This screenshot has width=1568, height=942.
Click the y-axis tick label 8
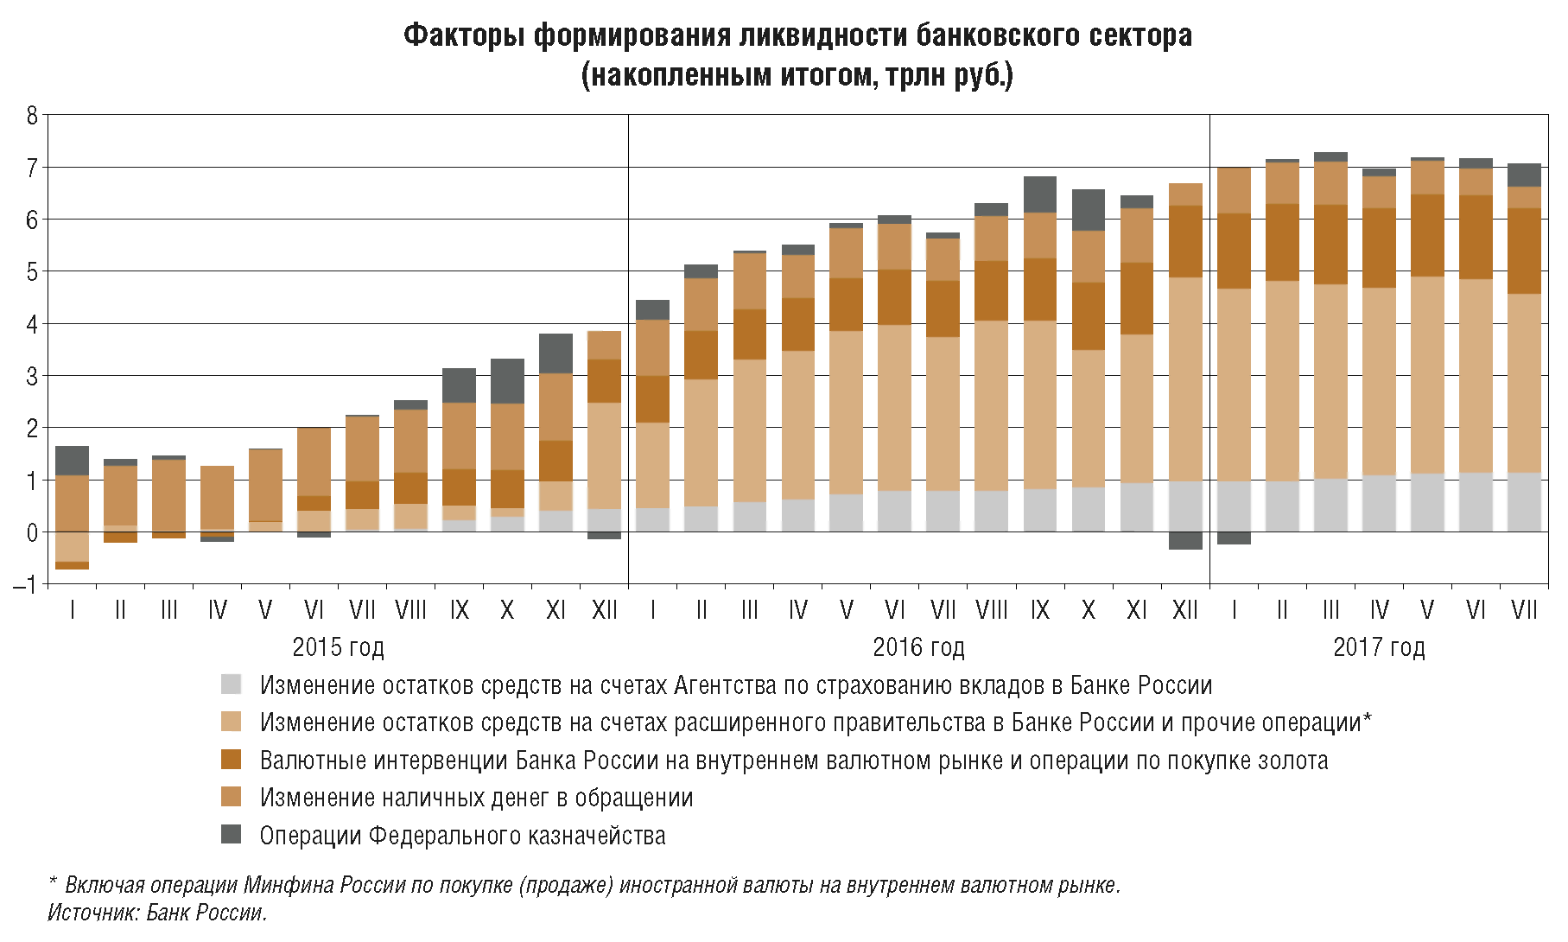click(x=32, y=115)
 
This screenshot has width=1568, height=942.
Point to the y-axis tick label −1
click(x=27, y=585)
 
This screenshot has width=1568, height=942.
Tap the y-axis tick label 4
click(x=32, y=324)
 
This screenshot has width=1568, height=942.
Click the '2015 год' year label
click(x=338, y=646)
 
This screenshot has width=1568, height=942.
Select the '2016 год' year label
click(x=918, y=646)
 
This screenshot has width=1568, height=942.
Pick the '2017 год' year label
click(x=1379, y=646)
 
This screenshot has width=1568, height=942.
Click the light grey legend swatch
click(x=231, y=684)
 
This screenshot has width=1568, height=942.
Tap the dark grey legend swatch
click(x=231, y=834)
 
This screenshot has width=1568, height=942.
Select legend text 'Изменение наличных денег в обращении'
click(x=476, y=798)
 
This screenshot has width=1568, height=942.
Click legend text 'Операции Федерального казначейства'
click(x=462, y=836)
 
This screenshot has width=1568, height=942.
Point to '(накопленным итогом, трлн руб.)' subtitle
click(x=797, y=75)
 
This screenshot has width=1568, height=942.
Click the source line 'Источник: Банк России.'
click(x=157, y=913)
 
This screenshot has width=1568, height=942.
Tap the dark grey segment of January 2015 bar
click(x=73, y=461)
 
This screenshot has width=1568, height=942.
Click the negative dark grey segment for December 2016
click(x=1185, y=540)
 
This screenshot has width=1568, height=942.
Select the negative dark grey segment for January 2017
click(x=1234, y=538)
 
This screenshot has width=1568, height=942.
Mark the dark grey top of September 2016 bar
click(x=1040, y=194)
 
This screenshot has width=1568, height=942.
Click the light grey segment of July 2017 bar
click(x=1524, y=501)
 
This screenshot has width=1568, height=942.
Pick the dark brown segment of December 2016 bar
click(x=1185, y=241)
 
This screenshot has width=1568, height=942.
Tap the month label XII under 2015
click(x=605, y=610)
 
